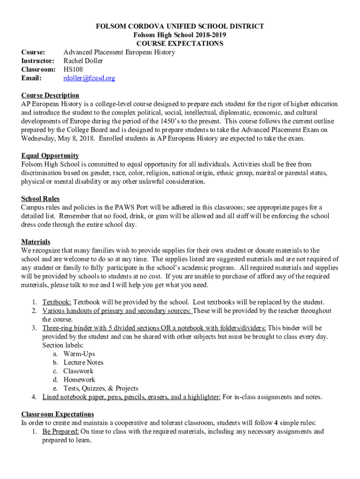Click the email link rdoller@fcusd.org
89,78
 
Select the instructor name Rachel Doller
83,61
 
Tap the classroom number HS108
73,69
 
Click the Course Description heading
50,95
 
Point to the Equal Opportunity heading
50,156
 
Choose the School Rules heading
40,199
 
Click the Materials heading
36,242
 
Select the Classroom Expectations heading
58,414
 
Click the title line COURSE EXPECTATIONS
180,44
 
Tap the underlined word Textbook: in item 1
57,302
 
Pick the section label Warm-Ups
79,354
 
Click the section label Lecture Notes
83,363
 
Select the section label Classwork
78,371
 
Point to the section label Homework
79,380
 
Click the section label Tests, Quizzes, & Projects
101,388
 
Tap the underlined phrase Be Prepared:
60,431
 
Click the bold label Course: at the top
33,52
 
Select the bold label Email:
31,78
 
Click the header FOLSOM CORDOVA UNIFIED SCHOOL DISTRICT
180,27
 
